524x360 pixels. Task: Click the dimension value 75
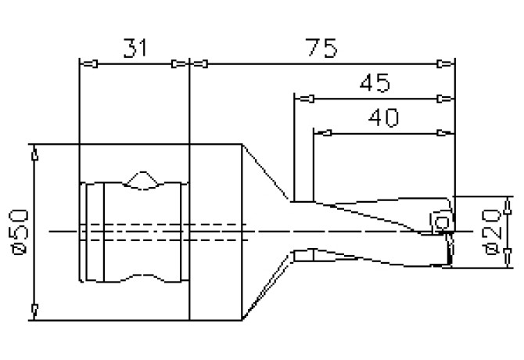click(320, 49)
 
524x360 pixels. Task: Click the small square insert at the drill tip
click(440, 224)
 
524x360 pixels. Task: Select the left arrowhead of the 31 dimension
click(87, 63)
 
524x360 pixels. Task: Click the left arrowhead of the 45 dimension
click(300, 99)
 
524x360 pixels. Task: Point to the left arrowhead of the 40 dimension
click(320, 133)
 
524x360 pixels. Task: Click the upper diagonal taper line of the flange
click(268, 173)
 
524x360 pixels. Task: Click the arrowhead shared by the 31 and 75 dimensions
click(190, 63)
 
